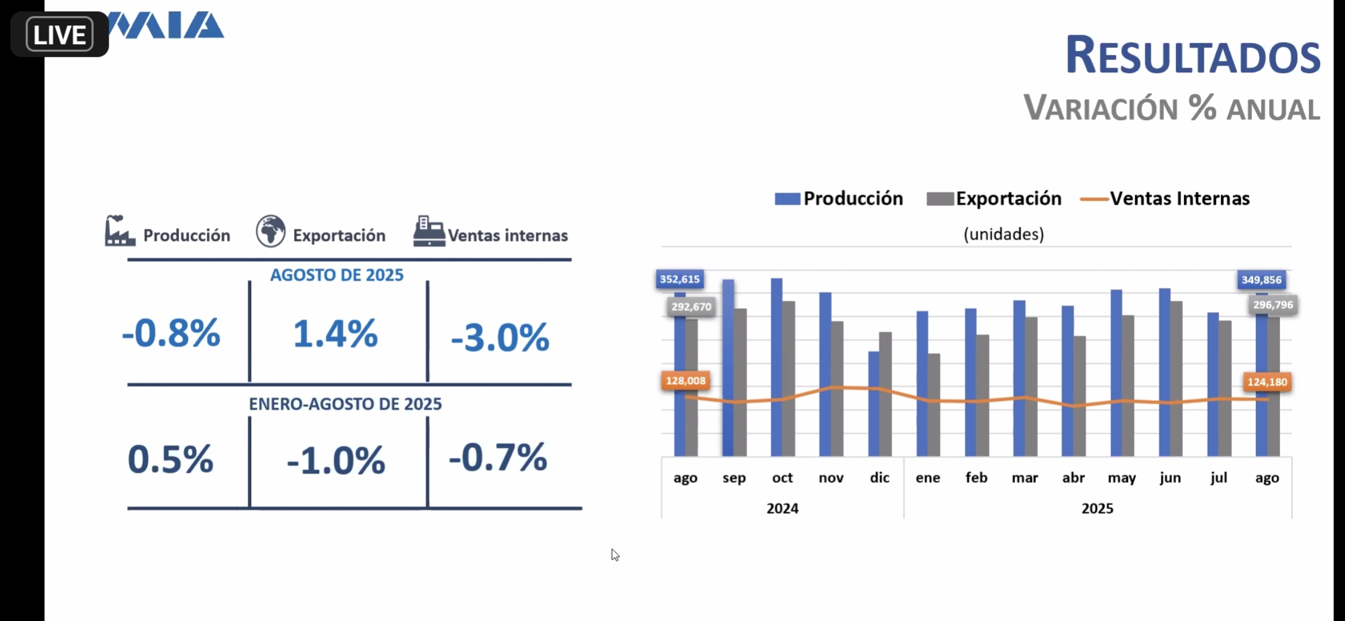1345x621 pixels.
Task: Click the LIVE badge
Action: (60, 34)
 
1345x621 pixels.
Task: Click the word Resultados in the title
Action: (1193, 55)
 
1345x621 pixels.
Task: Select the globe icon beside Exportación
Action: (271, 231)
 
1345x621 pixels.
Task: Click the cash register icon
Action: (429, 231)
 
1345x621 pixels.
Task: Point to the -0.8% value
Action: (171, 333)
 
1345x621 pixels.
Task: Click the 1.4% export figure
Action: (336, 333)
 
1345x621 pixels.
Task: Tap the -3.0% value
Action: (500, 337)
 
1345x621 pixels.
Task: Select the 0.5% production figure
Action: (171, 459)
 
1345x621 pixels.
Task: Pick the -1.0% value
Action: (336, 461)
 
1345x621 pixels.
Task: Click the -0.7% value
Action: (498, 458)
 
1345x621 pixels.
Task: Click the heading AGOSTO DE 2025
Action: (337, 275)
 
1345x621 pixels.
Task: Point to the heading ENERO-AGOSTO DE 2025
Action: (345, 404)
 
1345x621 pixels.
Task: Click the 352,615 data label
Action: (680, 279)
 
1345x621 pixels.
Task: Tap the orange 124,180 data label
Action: (1267, 382)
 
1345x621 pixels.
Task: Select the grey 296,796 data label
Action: (1273, 305)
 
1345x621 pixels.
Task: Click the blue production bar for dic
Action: (874, 404)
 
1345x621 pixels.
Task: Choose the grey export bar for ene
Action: (934, 405)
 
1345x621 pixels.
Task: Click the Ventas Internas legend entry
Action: (1165, 198)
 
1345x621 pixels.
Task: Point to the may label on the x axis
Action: (1122, 478)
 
